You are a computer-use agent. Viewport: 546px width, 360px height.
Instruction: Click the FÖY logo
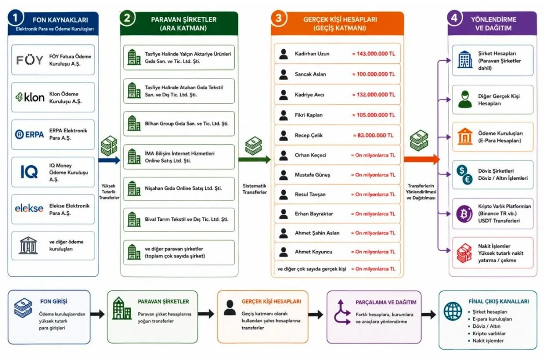point(30,60)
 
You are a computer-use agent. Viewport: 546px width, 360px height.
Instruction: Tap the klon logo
point(30,97)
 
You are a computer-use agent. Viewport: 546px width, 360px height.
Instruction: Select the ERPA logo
point(30,134)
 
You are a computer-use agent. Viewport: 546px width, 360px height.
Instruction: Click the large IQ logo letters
point(29,172)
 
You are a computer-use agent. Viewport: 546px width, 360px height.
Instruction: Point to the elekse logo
point(29,208)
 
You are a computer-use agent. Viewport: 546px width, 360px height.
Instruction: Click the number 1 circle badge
point(15,18)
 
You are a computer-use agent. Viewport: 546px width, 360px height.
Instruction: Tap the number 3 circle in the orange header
point(279,18)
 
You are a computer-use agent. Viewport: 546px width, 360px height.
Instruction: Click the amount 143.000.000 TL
point(374,54)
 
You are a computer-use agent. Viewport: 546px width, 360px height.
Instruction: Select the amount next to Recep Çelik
point(373,135)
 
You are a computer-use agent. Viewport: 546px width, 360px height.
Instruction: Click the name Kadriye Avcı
point(309,95)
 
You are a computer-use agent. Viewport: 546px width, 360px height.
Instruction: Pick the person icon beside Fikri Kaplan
point(283,115)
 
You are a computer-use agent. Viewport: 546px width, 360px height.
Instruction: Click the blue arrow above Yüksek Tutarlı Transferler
point(110,160)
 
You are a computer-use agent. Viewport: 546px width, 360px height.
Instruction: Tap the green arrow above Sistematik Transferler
point(254,160)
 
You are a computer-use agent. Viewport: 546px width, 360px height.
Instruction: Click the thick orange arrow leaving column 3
point(422,159)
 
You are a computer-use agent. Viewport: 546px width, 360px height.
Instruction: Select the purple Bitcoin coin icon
point(464,214)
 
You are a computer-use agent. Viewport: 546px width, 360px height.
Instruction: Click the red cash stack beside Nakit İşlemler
point(464,253)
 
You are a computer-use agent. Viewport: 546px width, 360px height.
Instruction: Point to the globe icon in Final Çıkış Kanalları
point(453,311)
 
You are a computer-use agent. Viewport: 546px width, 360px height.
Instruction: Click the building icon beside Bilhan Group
point(134,123)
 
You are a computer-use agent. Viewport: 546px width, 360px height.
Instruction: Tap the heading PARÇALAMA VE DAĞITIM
point(386,303)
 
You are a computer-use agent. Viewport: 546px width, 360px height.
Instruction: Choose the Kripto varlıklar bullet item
point(489,334)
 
